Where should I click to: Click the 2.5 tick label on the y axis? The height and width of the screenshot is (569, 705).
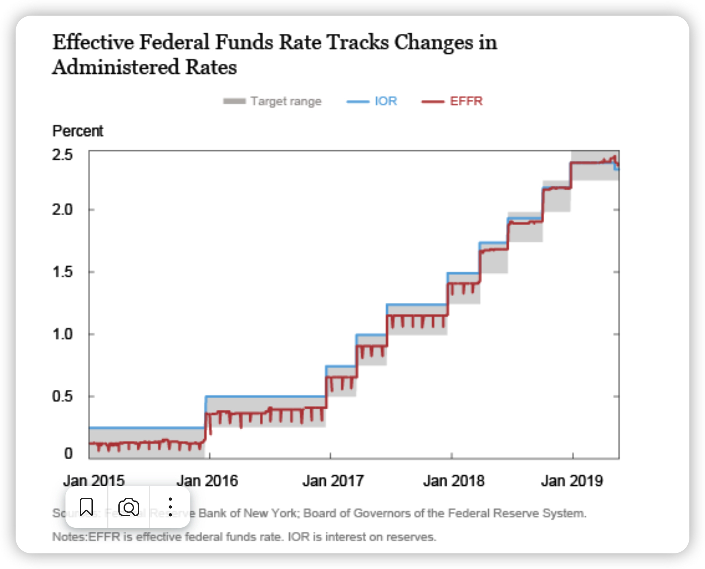[62, 155]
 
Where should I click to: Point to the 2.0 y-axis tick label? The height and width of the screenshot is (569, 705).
[62, 210]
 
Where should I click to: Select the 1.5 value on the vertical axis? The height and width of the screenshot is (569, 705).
[62, 272]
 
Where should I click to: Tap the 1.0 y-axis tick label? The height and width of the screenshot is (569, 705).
[62, 334]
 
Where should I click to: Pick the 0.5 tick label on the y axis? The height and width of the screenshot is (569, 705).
[62, 396]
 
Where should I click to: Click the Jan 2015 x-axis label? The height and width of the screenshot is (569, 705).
[94, 481]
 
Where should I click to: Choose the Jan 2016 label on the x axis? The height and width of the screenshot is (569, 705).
[207, 481]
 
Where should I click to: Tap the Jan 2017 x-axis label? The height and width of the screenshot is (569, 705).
[333, 481]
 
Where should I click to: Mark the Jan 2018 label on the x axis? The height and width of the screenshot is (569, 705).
[454, 481]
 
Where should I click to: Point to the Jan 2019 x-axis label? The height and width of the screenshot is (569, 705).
[572, 481]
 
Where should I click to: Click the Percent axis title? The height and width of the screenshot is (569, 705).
[78, 131]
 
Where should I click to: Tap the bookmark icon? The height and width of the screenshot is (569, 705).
[86, 507]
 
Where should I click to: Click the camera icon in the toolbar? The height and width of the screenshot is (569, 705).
[129, 507]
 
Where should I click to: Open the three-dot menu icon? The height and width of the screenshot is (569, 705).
[170, 507]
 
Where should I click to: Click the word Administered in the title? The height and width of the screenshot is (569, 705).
[116, 67]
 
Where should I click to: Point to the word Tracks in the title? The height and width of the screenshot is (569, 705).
[358, 43]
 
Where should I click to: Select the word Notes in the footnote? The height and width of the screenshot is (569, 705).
[69, 537]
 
